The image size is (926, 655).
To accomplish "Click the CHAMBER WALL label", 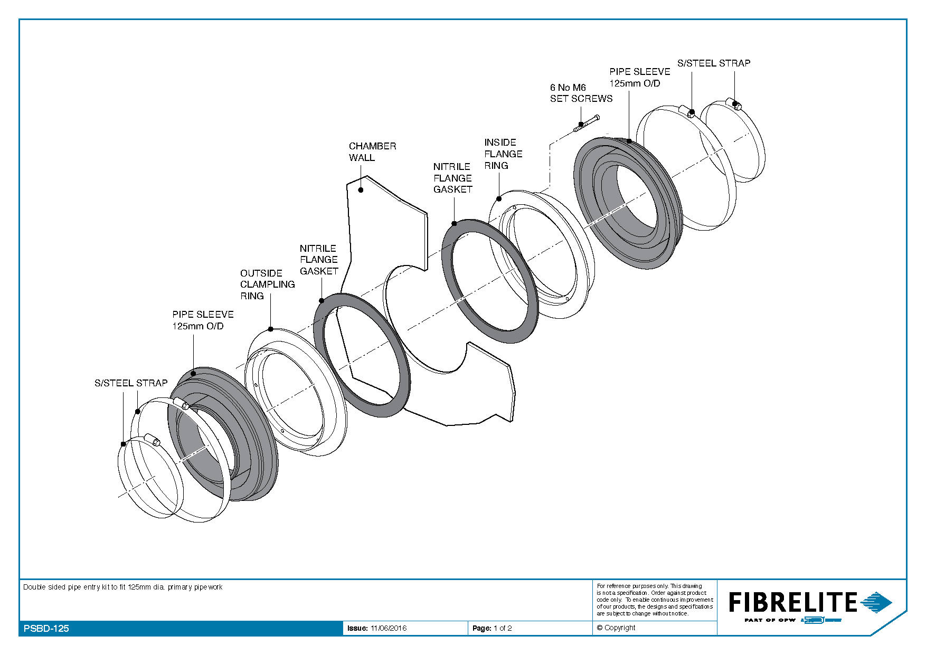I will [372, 151].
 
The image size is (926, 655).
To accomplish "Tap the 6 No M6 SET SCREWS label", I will [581, 93].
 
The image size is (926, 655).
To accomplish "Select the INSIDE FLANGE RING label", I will [503, 154].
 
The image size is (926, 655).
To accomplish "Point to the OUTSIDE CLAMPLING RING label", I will [267, 284].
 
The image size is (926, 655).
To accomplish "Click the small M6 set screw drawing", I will [587, 123].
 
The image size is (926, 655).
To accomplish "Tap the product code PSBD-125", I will [46, 628].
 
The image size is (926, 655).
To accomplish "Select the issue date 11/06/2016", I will [389, 628].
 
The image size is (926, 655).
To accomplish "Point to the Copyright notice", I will [616, 628].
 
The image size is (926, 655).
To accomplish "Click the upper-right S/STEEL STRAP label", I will [713, 63].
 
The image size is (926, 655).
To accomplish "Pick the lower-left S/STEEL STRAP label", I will [131, 383].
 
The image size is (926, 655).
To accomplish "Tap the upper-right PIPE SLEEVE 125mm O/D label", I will [639, 77].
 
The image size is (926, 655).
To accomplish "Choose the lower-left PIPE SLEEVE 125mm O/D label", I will [203, 320].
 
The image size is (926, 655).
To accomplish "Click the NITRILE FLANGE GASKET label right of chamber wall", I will [452, 178].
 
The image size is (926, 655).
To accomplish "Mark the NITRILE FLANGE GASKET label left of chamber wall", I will [318, 259].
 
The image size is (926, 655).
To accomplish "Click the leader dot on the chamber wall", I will [361, 190].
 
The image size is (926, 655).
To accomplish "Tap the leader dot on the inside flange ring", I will [499, 199].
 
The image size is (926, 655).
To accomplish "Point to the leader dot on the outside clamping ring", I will [271, 329].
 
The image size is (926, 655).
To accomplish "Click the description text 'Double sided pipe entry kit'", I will [122, 587].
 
